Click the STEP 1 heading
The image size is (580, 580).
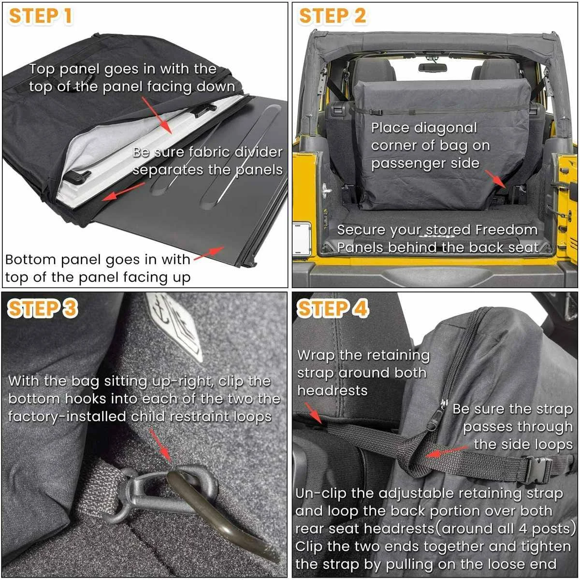click(41, 16)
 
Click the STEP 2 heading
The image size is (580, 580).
click(333, 16)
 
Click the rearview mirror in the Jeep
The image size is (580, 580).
click(433, 67)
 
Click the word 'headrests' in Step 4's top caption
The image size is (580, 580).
click(333, 391)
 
